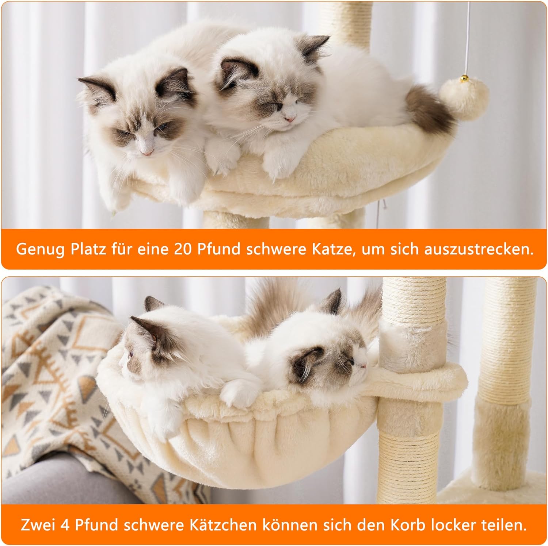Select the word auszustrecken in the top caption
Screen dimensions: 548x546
[477, 249]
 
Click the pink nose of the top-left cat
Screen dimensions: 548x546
[148, 151]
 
